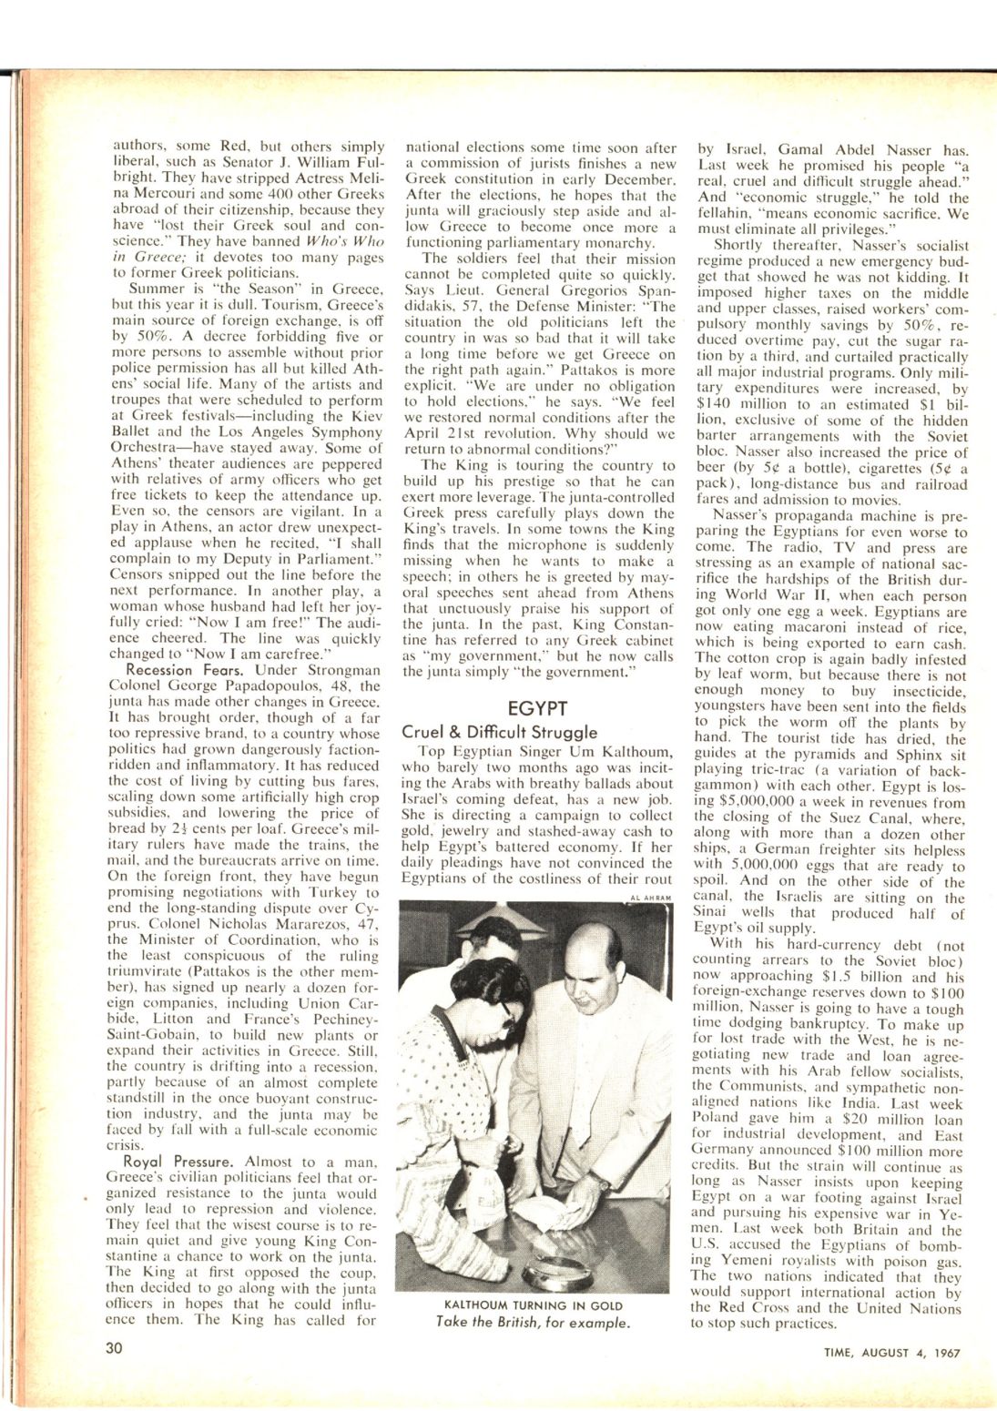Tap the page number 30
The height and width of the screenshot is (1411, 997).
point(114,1349)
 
